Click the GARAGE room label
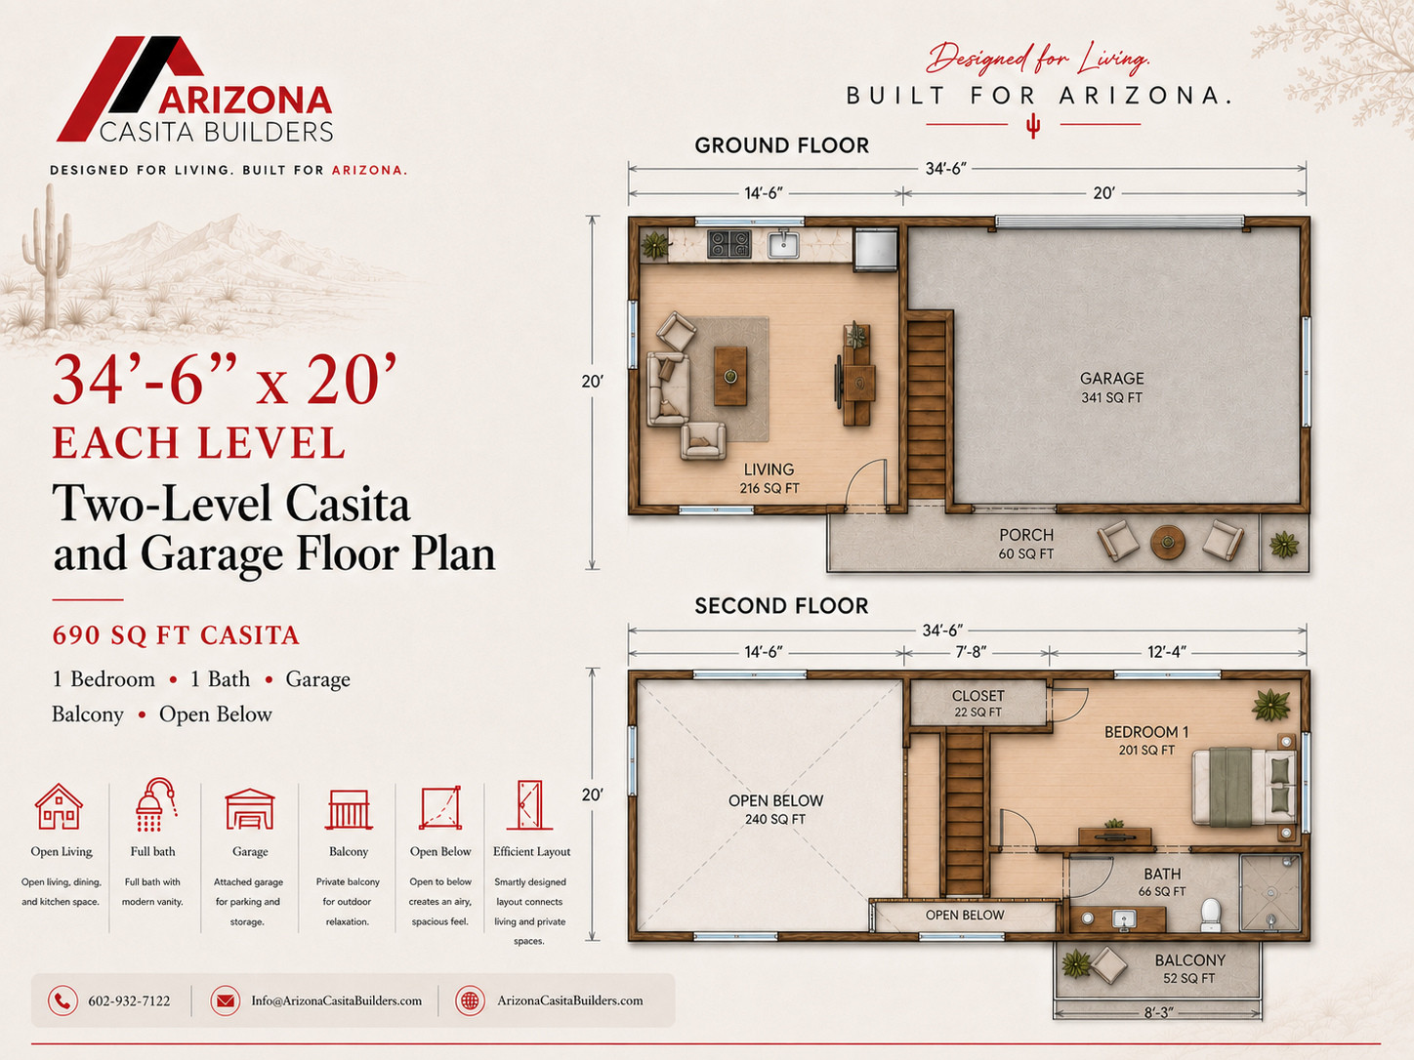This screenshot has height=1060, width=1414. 1112,379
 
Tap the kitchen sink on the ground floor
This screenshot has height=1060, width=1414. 783,245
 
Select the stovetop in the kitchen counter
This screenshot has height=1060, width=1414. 729,244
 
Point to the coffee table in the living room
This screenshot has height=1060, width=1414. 730,376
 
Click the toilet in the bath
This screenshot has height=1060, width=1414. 1211,915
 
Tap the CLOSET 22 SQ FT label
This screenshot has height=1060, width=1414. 977,704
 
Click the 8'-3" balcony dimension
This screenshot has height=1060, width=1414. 1157,1013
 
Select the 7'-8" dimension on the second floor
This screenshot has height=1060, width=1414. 971,653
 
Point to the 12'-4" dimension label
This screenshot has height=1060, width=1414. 1167,653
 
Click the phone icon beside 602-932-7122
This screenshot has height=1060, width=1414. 62,1001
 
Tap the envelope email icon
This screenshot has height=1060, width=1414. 225,1001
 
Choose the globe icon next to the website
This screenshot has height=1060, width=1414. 471,1001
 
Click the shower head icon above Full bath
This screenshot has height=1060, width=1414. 154,804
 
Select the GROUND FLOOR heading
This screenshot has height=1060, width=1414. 781,145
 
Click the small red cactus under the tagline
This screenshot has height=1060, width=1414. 1033,126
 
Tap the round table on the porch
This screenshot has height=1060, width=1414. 1167,543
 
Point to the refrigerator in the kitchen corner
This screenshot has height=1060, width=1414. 876,250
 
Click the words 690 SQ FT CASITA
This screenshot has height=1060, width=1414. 176,635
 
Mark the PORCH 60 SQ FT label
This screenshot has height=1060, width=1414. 1026,544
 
